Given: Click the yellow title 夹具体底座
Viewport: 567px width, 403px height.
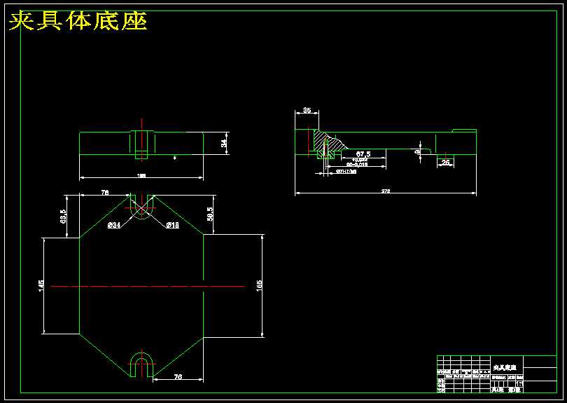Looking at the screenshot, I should coord(78,21).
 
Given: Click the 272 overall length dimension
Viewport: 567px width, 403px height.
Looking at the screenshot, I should coord(385,191).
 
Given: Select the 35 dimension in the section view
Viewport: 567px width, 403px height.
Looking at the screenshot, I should coord(307,111).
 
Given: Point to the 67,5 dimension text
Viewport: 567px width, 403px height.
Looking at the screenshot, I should coord(363,153).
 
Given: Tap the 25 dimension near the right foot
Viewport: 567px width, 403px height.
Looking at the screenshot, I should coord(445,163).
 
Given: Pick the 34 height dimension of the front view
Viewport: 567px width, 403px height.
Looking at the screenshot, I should coord(224,143).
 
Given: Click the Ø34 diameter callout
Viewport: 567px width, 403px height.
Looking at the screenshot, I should coord(114,225).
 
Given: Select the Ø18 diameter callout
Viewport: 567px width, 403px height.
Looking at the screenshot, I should coord(172,225).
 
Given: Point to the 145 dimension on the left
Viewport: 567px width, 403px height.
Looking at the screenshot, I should coord(41,285).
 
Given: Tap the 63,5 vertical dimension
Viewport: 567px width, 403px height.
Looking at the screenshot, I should coord(63,216).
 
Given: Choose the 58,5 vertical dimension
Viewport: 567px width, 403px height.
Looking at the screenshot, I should coord(210,214).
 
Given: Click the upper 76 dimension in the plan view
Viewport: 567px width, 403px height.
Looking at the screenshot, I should coord(105,192).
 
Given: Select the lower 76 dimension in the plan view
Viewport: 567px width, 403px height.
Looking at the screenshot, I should coord(178,377).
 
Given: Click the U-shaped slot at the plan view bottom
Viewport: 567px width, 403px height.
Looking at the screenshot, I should coord(141,363).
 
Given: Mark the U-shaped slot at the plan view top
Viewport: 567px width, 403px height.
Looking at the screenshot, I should coord(141,207).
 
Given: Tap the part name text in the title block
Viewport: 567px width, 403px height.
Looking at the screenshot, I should coord(505,367).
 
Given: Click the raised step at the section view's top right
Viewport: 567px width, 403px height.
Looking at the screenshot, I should coord(464,130).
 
